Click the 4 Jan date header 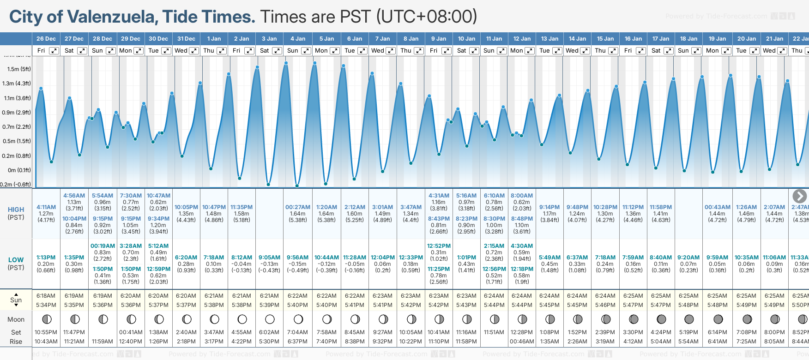[x=297, y=39]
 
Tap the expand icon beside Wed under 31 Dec [x=194, y=51]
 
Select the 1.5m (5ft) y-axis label [x=19, y=69]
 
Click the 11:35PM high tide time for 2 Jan [x=241, y=207]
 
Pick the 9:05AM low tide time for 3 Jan [x=269, y=258]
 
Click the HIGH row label [x=16, y=210]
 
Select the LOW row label [x=16, y=260]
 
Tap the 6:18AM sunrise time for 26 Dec [x=46, y=296]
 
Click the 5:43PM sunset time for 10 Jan [x=466, y=305]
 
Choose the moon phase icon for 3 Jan [x=270, y=319]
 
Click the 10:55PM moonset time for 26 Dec [x=46, y=332]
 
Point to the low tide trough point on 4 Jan [x=297, y=186]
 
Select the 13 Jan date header [x=550, y=39]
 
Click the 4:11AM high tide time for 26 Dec [x=46, y=207]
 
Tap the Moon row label [x=16, y=319]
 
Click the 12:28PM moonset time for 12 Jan [x=522, y=332]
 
